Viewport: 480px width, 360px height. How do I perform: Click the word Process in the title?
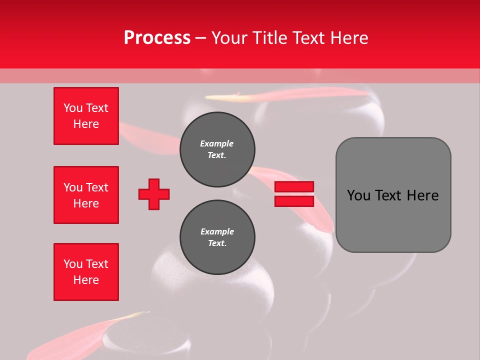tap(157, 37)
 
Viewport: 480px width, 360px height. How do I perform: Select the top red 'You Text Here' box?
tap(86, 116)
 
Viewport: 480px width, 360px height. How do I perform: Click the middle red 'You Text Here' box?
tap(86, 195)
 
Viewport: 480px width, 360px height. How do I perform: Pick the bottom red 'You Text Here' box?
tap(86, 272)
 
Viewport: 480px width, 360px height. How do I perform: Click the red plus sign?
tap(154, 194)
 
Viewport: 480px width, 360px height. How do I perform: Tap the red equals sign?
tap(294, 194)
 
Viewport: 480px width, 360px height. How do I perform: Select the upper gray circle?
tap(217, 149)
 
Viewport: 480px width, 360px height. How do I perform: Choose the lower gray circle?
tap(217, 237)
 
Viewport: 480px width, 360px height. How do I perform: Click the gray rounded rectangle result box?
tap(393, 195)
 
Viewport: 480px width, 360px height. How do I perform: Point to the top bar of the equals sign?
tap(294, 187)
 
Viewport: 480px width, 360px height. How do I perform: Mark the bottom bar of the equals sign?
tap(294, 201)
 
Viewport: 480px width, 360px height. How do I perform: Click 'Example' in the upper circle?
tap(217, 143)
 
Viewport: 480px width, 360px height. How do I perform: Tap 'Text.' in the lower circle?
tap(217, 243)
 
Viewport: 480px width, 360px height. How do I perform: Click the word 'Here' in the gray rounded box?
tap(422, 195)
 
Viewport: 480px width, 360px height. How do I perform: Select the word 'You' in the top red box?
tap(73, 108)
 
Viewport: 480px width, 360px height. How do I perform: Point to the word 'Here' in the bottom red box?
tap(86, 280)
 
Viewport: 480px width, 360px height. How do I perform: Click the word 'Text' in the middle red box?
tap(97, 187)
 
